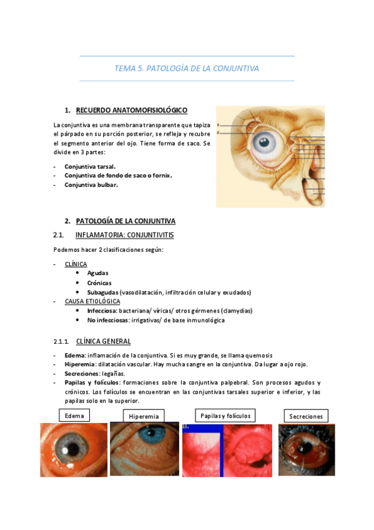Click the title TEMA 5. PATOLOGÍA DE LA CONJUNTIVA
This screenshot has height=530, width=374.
[x=187, y=68]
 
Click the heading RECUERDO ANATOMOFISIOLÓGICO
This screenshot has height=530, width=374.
[x=131, y=111]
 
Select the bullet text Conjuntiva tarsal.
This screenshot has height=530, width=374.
[x=90, y=167]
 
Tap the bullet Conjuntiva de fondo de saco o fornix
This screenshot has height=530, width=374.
[x=118, y=176]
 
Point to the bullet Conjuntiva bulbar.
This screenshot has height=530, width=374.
[x=91, y=184]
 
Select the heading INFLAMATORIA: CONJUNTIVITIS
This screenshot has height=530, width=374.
[x=124, y=235]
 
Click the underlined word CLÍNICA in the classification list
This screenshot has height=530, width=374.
[x=76, y=264]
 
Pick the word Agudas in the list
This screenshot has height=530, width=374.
[x=97, y=273]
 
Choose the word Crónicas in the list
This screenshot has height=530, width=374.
[x=99, y=282]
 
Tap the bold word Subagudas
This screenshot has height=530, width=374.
[x=103, y=292]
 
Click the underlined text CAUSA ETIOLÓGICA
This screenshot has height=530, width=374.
[x=92, y=301]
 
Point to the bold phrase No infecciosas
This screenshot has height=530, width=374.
[x=107, y=320]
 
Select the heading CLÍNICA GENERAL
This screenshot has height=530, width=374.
[x=103, y=341]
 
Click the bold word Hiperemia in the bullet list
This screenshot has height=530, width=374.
[x=79, y=364]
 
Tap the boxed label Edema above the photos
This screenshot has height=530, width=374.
[x=74, y=415]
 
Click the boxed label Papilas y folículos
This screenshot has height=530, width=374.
[x=225, y=415]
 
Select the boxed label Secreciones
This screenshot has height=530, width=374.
[x=306, y=416]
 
